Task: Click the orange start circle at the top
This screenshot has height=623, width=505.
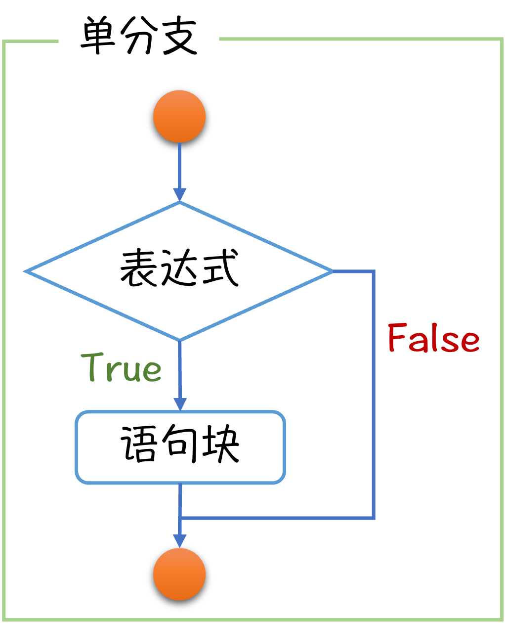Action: click(x=179, y=116)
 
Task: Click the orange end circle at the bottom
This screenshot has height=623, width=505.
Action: click(x=179, y=574)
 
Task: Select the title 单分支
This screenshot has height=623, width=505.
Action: click(x=139, y=37)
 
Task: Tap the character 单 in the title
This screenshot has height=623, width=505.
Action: click(x=98, y=37)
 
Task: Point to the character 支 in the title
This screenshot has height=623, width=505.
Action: click(x=179, y=37)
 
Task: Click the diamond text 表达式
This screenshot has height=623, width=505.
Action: click(x=179, y=268)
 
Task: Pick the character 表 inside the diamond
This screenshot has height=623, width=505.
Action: click(x=139, y=268)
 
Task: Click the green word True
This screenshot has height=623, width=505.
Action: click(x=122, y=367)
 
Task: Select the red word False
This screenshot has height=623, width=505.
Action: click(x=433, y=338)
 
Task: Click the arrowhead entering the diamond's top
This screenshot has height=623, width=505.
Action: click(x=179, y=194)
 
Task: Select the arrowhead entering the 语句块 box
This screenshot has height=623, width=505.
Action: click(x=180, y=403)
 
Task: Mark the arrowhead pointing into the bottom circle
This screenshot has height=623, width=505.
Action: click(x=179, y=540)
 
